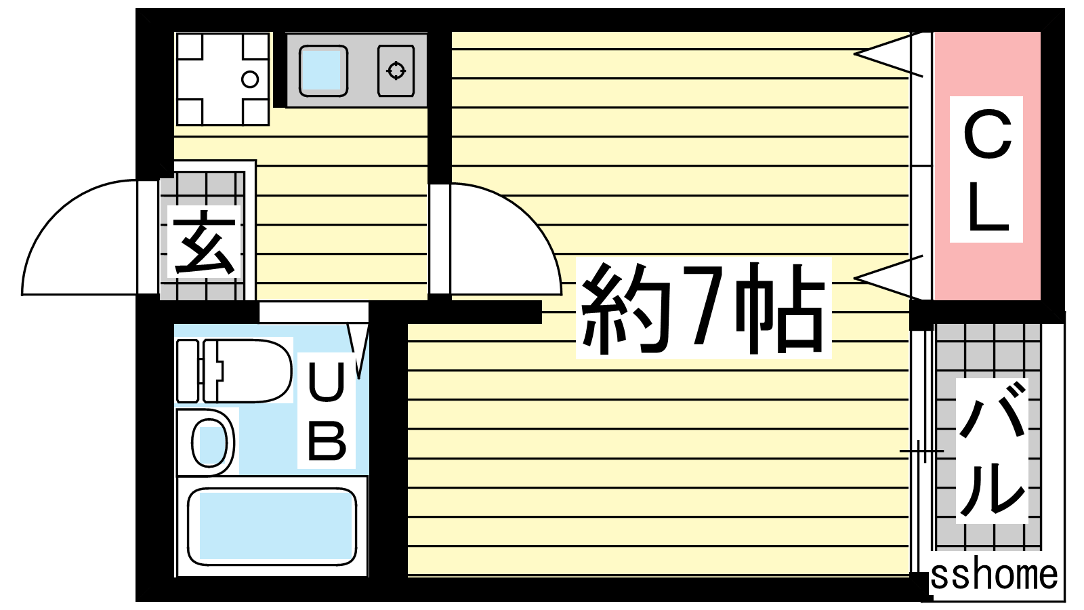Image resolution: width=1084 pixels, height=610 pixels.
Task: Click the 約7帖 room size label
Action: coord(703,308)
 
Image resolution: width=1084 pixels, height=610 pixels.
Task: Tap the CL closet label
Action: coord(986,170)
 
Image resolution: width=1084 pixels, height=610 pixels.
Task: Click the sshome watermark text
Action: coord(994,575)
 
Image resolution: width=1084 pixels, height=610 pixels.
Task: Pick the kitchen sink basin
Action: coord(322,70)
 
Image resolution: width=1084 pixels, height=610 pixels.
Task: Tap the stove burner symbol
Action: coord(396,70)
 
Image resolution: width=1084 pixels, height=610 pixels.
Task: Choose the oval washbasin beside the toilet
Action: coord(209,443)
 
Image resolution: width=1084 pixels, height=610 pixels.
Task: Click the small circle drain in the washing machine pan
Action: coord(250,79)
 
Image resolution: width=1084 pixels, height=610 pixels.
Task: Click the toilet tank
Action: coord(188,371)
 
